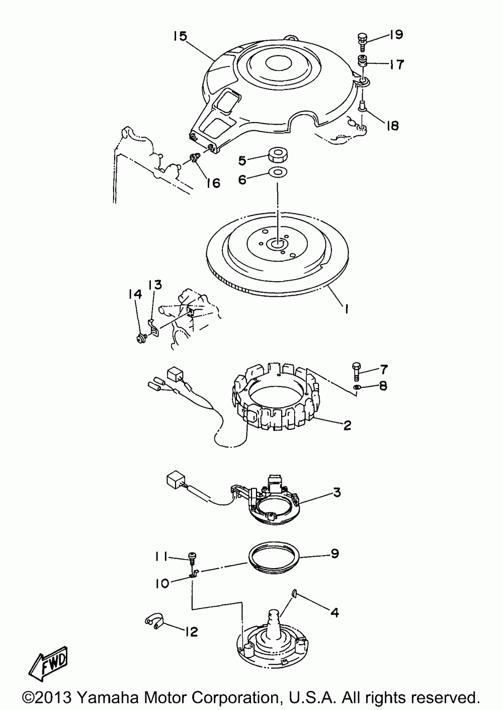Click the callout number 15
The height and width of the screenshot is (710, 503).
(181, 36)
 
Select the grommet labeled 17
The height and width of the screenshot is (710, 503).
(363, 61)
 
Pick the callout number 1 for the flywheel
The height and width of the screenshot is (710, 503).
(347, 309)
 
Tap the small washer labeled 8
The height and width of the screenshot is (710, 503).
(357, 387)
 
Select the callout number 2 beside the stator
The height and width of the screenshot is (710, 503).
(347, 425)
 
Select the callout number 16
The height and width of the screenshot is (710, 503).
(213, 183)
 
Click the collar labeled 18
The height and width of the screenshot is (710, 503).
(362, 108)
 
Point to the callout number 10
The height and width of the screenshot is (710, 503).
(162, 584)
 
